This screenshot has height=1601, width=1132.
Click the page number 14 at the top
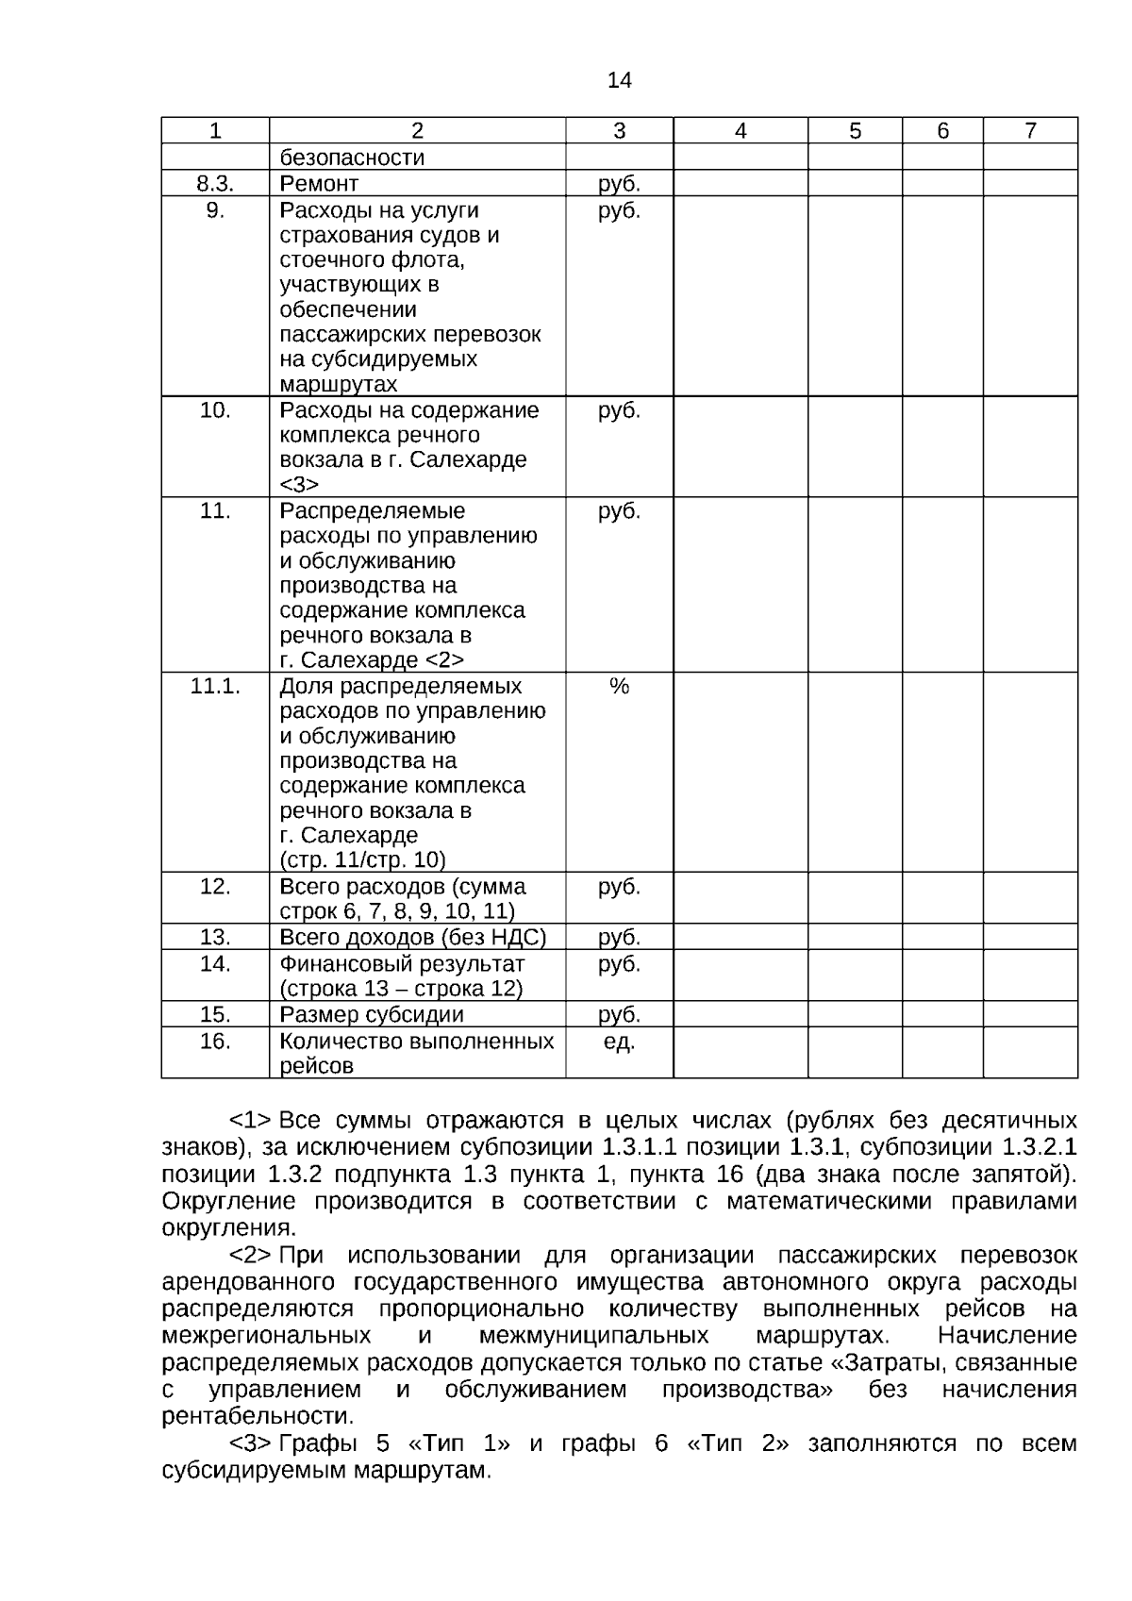click(619, 80)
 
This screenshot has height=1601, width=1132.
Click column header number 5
click(855, 131)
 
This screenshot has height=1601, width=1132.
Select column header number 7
click(1030, 131)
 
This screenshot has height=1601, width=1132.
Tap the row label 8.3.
click(215, 183)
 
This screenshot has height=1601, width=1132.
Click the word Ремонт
click(319, 183)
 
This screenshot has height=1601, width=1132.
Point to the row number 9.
click(215, 209)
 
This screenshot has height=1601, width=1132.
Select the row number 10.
click(215, 409)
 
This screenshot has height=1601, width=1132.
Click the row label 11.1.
click(215, 686)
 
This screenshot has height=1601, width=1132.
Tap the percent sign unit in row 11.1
click(619, 686)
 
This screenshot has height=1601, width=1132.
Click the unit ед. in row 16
click(619, 1042)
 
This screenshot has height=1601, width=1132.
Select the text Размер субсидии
click(372, 1014)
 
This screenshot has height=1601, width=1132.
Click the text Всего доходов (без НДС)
click(413, 937)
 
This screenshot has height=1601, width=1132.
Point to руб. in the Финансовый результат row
click(619, 964)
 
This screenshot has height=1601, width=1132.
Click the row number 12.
click(215, 887)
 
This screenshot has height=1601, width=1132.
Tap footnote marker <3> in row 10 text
click(299, 485)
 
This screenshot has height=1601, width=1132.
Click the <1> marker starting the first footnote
click(251, 1121)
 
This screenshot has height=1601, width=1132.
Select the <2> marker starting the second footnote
click(251, 1256)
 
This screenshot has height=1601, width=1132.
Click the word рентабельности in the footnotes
click(258, 1416)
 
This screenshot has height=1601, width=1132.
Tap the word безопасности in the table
click(352, 158)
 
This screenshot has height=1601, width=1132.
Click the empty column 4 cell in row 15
click(740, 1014)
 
